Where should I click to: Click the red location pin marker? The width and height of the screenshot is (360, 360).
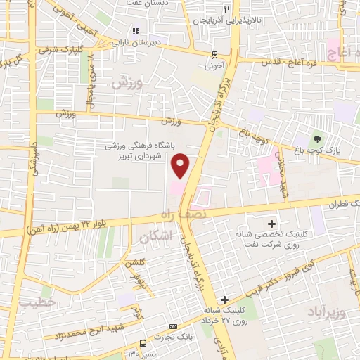181,166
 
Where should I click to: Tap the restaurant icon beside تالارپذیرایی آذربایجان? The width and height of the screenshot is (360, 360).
226,10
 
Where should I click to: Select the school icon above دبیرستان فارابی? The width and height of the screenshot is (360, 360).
136,30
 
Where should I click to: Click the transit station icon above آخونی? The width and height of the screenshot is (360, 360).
215,54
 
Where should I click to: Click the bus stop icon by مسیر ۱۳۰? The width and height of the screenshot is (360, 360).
143,344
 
